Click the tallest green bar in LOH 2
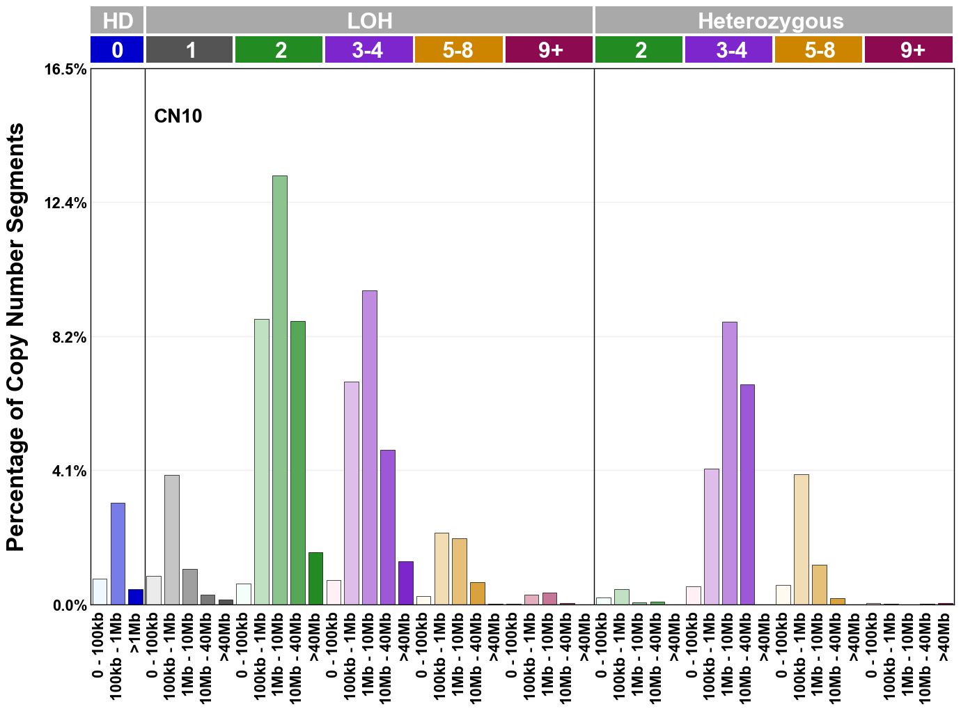pos(279,390)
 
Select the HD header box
pos(117,21)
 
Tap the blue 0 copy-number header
pos(117,50)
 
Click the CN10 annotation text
pos(178,116)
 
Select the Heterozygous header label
pos(771,21)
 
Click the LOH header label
pos(369,21)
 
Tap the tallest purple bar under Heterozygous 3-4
pos(729,463)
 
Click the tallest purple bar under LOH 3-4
pos(369,447)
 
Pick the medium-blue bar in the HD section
pos(118,554)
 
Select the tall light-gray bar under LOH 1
pos(171,540)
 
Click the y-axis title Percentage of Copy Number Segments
pos(15,338)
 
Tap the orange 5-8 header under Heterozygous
pos(819,50)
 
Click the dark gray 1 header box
pos(189,50)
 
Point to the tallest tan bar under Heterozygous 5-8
pos(801,540)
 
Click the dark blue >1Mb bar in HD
pos(136,597)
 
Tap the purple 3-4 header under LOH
pos(368,50)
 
